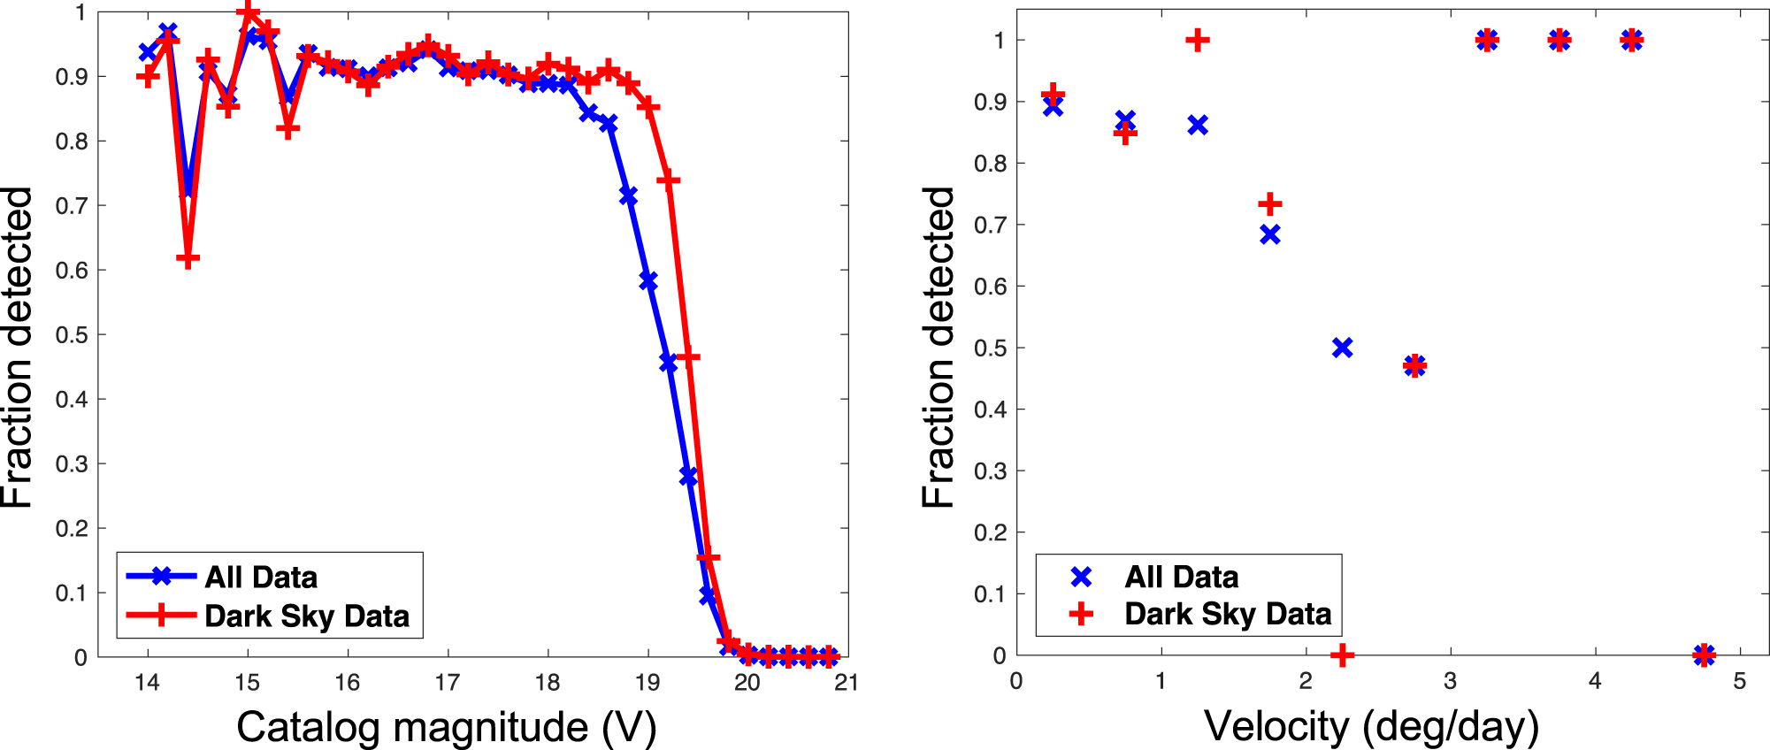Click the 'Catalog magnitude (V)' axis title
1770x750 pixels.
(446, 727)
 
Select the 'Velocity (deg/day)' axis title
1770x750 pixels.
(1371, 727)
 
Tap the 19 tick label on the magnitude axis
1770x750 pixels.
(647, 682)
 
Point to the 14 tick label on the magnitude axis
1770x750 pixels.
(147, 682)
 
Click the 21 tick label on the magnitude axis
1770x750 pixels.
(847, 682)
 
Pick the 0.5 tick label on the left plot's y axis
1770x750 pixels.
(71, 335)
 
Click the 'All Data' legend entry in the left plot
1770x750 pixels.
(261, 578)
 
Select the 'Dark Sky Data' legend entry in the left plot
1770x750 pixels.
(306, 616)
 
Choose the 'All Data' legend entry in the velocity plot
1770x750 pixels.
(1181, 578)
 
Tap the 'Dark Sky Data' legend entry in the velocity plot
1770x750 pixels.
(1227, 614)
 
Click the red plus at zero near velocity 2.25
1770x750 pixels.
(1342, 655)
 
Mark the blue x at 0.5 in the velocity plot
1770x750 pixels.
(1342, 348)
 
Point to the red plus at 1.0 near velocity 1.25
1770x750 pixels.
(1197, 41)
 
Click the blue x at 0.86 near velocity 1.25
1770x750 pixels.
(1197, 126)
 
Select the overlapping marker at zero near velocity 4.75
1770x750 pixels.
(1704, 655)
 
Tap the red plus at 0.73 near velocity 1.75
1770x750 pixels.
(1269, 204)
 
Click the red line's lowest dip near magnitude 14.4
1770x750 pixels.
(188, 259)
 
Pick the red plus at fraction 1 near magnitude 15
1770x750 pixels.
(249, 12)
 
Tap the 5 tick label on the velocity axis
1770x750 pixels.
(1740, 682)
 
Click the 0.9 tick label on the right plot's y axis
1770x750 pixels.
(990, 103)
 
